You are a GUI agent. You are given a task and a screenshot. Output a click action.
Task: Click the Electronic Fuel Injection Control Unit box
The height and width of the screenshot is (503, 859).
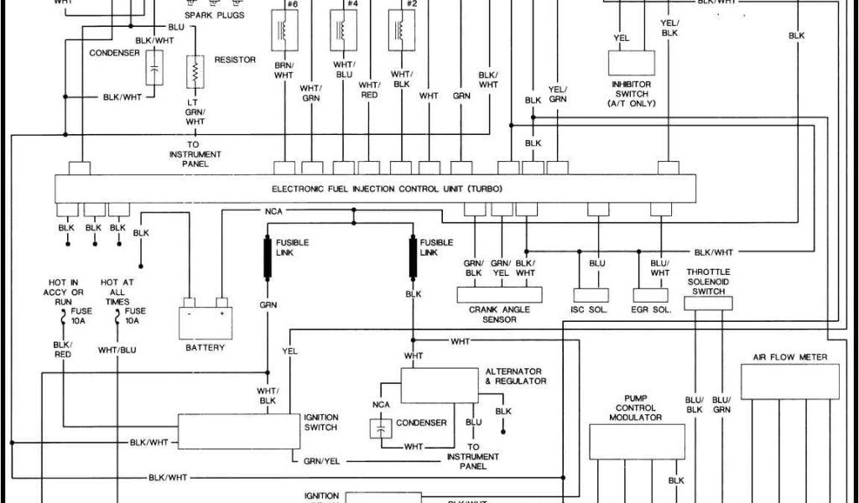375,189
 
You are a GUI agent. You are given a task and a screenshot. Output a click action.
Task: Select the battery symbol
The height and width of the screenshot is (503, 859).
205,321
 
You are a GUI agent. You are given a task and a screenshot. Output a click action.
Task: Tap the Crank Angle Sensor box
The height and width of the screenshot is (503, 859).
499,295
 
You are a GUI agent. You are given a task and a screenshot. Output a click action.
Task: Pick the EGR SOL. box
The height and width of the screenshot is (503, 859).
650,295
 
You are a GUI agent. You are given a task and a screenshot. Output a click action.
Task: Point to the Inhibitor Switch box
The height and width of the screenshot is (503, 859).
631,64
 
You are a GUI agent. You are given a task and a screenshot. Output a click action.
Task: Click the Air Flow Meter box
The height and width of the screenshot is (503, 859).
789,381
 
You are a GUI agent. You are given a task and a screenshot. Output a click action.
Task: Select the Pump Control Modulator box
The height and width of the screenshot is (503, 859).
637,442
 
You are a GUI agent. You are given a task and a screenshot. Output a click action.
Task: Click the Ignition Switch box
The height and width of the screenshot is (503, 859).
238,431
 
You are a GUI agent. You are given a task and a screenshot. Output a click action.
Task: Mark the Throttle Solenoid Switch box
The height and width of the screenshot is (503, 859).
708,303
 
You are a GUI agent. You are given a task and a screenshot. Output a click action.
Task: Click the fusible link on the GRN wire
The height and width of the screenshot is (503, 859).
268,259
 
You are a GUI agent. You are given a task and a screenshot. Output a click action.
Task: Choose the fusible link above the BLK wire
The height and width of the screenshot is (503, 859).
413,259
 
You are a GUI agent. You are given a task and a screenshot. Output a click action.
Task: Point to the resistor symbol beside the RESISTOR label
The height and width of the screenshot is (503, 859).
195,71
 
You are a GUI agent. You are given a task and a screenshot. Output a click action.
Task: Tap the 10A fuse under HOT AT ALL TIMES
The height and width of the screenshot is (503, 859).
117,317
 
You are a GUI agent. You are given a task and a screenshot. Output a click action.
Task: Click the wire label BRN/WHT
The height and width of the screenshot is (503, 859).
284,70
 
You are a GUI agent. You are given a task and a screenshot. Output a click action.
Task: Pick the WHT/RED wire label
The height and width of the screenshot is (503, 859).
369,90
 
